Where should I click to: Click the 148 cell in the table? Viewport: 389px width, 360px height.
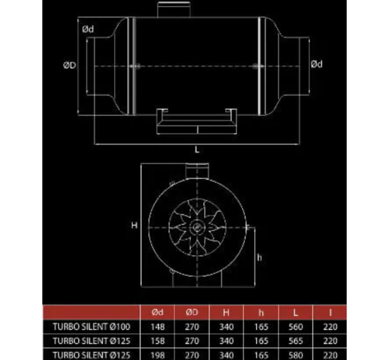point(159,327)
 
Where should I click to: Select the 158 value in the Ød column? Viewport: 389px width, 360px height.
point(159,341)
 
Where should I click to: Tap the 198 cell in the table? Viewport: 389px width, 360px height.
point(159,354)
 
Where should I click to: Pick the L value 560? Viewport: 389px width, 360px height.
point(295,327)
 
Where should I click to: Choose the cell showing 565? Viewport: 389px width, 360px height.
point(295,341)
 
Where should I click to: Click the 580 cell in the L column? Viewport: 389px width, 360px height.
point(295,354)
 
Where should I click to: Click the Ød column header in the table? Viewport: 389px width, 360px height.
point(159,313)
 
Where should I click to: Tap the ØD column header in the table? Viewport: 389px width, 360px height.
point(193,313)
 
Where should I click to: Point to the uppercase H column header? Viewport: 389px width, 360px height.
point(228,313)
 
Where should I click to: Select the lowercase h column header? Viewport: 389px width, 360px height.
point(261,313)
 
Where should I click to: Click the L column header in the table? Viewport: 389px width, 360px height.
point(295,313)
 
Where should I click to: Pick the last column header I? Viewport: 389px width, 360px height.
point(330,313)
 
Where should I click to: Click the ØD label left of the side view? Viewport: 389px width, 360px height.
point(69,66)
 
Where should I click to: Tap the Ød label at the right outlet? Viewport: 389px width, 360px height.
point(316,64)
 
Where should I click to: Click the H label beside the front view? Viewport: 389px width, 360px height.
point(135,225)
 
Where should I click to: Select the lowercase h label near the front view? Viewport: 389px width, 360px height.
point(259,258)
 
